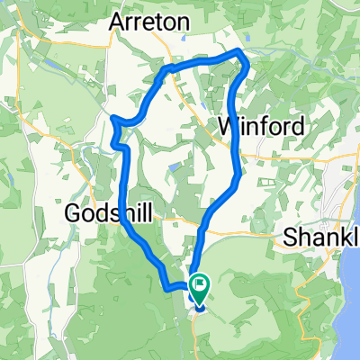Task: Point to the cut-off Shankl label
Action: point(320,238)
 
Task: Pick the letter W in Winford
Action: point(229,123)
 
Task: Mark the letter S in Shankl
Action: point(289,238)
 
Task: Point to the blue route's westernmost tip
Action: point(112,118)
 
